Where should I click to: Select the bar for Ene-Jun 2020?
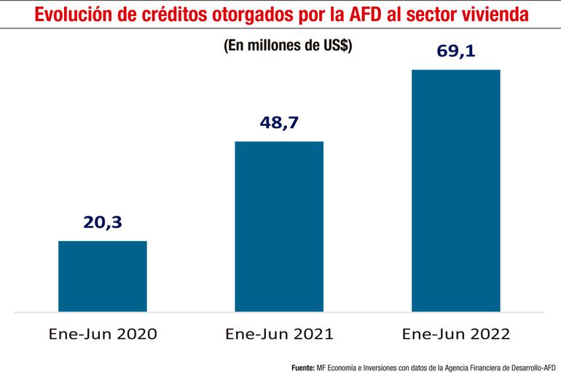[x=102, y=276]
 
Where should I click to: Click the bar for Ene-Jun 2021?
[x=279, y=226]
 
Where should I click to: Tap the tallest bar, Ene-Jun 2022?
[x=456, y=190]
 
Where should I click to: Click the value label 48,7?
[x=279, y=122]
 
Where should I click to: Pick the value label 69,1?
[x=456, y=52]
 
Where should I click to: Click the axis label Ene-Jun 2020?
[x=102, y=335]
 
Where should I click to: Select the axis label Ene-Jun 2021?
[x=279, y=335]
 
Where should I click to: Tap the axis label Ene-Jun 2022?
[x=456, y=335]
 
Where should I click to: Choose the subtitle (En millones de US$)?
[x=288, y=45]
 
